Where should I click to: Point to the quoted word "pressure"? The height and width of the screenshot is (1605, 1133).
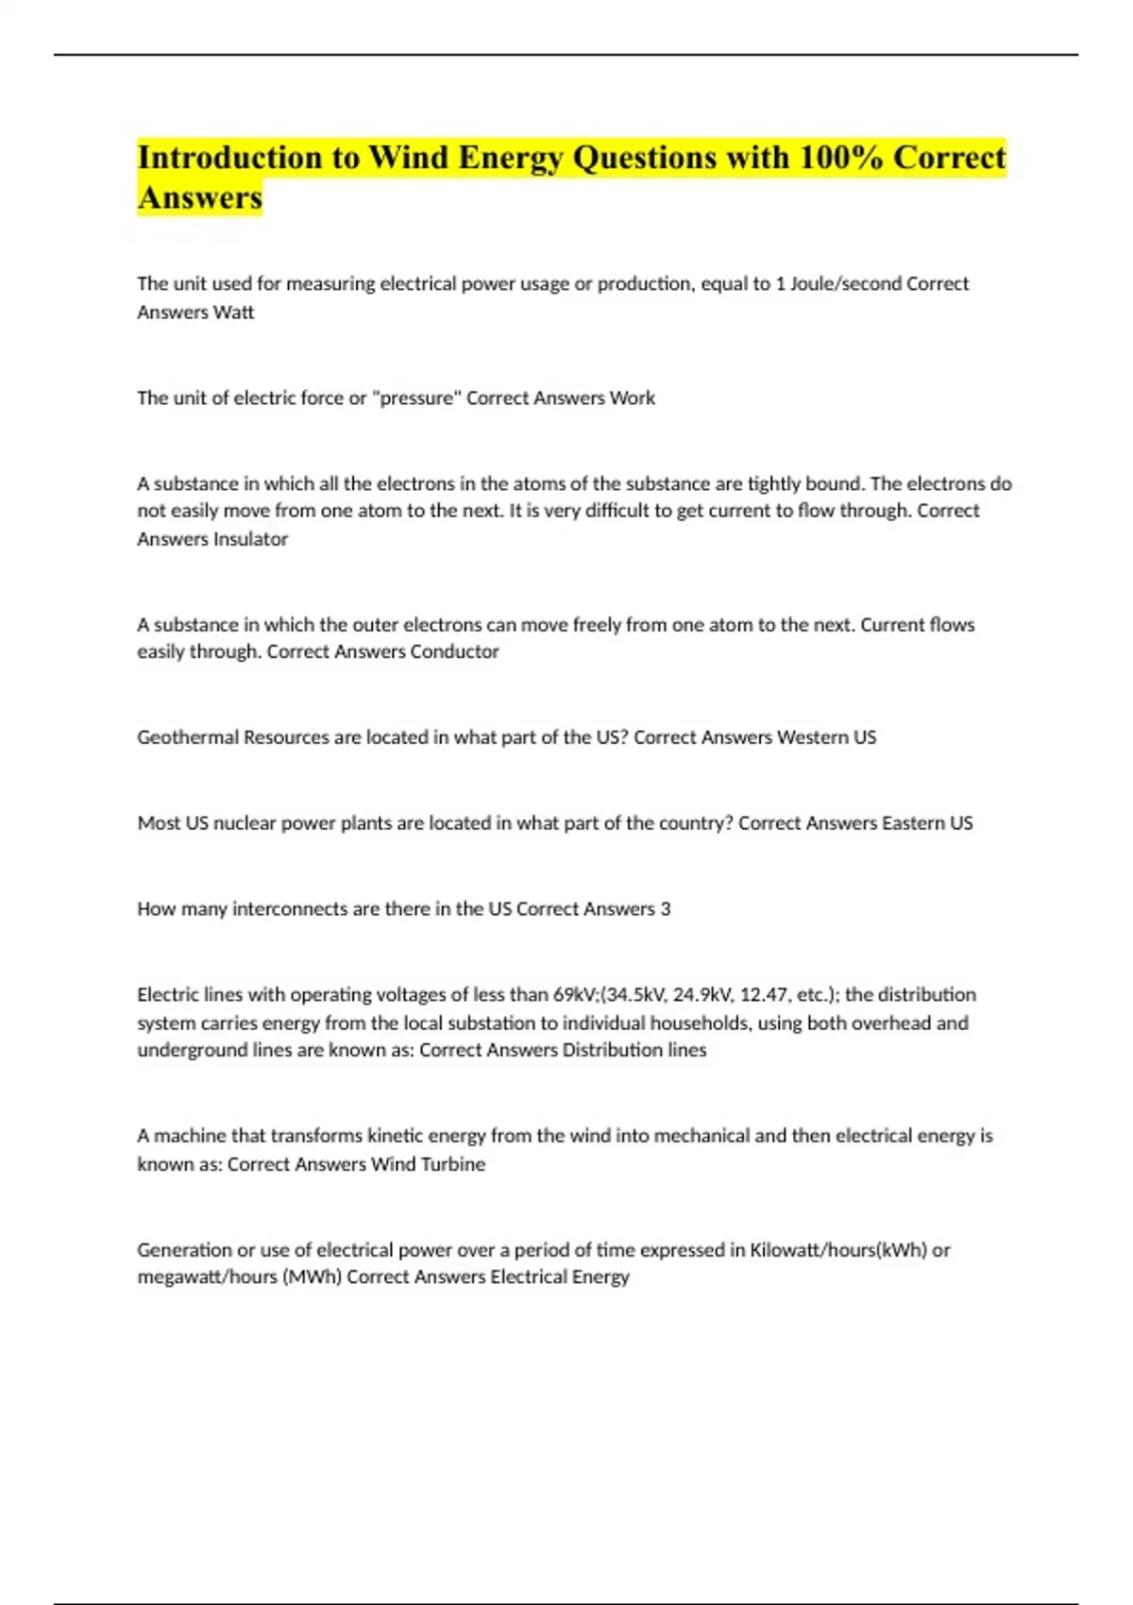(416, 398)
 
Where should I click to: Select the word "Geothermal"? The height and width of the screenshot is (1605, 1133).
(188, 737)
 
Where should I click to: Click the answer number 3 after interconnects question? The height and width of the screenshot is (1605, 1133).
(666, 909)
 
